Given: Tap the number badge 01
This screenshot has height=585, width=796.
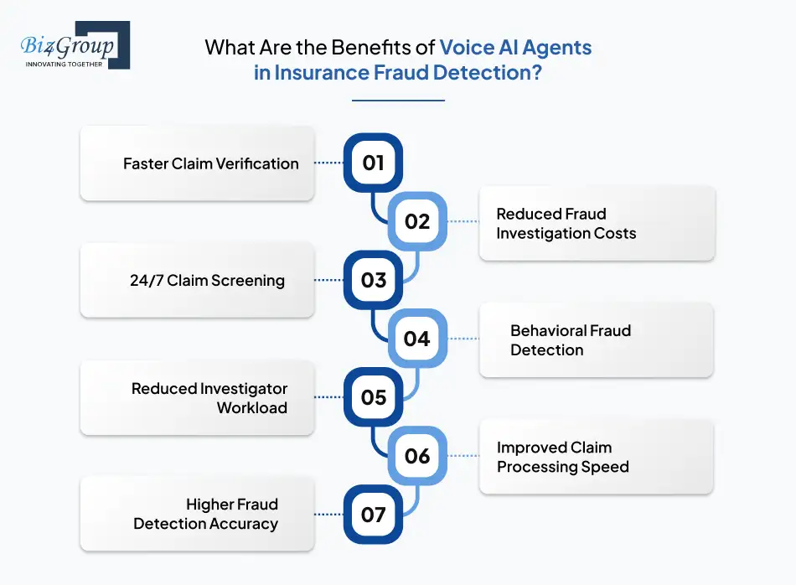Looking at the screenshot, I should coord(374,163).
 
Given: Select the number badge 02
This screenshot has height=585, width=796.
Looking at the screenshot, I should coord(417,221).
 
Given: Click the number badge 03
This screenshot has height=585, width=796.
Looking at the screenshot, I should coord(374,280).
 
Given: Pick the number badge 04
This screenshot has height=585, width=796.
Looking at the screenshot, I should coord(417,339).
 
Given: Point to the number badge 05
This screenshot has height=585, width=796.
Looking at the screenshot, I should coord(374,396).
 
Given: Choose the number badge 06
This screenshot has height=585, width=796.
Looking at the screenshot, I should coord(417,455).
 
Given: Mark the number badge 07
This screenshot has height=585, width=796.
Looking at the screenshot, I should coord(374,514).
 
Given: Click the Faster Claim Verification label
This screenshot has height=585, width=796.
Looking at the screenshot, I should coord(210,163).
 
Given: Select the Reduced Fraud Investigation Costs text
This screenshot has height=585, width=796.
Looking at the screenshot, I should coord(566,224).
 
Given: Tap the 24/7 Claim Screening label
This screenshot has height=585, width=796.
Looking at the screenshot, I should coord(207,281).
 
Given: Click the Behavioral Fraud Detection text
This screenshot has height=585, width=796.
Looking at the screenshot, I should coord(570,340).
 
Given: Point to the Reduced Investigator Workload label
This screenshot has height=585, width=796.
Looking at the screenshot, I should coord(209,398).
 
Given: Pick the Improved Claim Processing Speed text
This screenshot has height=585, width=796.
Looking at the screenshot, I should coord(562,457).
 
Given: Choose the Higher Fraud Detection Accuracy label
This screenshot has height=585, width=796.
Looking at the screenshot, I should coord(206,514).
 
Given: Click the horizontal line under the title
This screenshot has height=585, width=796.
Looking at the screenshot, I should coord(398,101).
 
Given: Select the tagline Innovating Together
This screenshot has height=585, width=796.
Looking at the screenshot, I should coord(64,63).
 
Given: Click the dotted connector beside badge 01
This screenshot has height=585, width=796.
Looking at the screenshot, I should coord(329,163).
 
